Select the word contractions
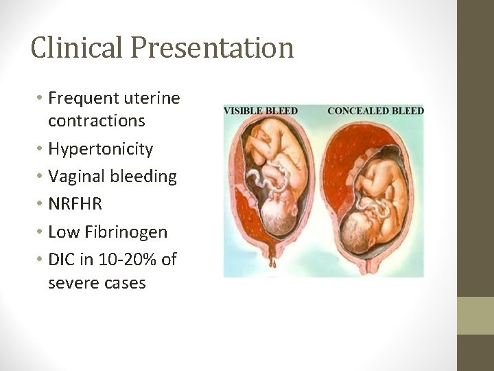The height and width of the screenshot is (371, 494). tap(97, 121)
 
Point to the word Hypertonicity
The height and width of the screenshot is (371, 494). tap(100, 149)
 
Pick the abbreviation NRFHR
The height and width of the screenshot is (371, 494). tap(75, 204)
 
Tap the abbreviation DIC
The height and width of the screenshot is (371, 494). tap(61, 259)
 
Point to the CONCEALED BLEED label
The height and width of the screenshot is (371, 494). tap(376, 111)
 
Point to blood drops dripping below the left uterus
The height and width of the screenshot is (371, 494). tap(273, 259)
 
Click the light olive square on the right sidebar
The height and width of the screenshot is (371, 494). tap(475, 315)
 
